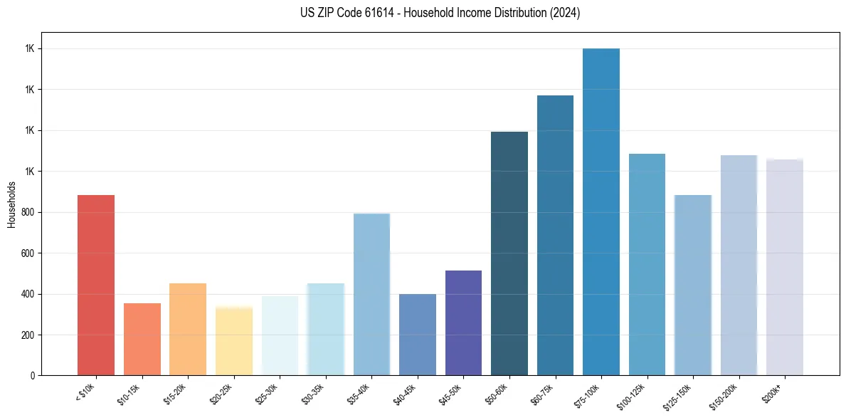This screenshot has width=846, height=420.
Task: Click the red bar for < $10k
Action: pyautogui.click(x=96, y=285)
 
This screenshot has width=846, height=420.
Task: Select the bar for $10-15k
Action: pyautogui.click(x=142, y=339)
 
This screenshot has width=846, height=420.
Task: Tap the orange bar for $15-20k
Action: pyautogui.click(x=188, y=329)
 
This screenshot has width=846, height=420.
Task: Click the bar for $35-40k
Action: pyautogui.click(x=371, y=294)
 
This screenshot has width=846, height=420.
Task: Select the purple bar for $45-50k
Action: pyautogui.click(x=463, y=322)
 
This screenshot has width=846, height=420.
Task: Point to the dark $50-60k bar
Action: pyautogui.click(x=509, y=253)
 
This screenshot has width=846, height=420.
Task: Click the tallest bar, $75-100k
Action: pyautogui.click(x=601, y=211)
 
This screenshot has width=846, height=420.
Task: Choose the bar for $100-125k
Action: pyautogui.click(x=647, y=264)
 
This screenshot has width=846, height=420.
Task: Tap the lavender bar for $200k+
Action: pyautogui.click(x=785, y=267)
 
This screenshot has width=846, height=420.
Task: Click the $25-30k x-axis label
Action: pyautogui.click(x=266, y=394)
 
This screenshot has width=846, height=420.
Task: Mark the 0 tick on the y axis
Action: pyautogui.click(x=33, y=375)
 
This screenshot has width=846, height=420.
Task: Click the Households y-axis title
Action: pyautogui.click(x=11, y=204)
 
